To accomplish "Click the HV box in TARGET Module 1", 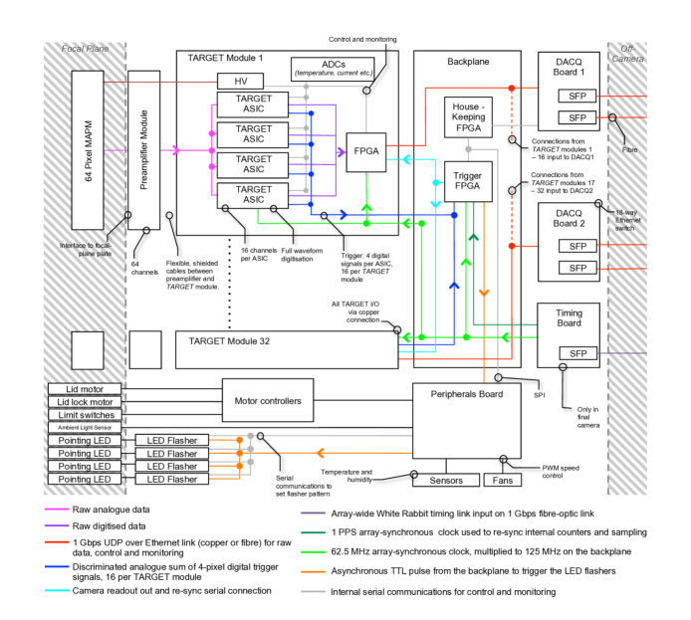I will [x=239, y=81].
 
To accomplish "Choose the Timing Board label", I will [x=568, y=318].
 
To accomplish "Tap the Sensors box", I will [x=439, y=480].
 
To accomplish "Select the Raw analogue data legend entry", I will [x=110, y=510].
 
